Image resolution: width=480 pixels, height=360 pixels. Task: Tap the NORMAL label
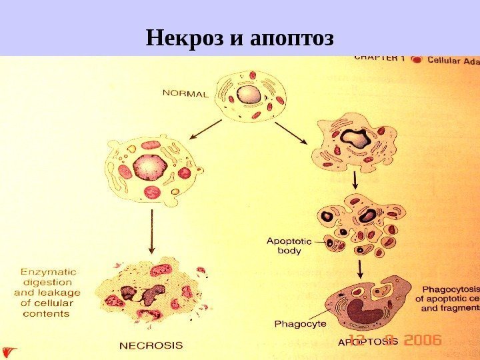coord(186,93)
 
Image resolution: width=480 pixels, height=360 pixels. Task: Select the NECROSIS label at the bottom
coord(151,345)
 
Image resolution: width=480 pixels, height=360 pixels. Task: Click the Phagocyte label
coord(300,324)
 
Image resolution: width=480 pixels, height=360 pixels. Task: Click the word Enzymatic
coord(48,272)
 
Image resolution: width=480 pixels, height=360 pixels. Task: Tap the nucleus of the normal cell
coord(250,94)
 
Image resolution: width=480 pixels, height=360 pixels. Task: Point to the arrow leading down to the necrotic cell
coord(152,232)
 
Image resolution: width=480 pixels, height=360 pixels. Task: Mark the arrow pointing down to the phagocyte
coord(360,269)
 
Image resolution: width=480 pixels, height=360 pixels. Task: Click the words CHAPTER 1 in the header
coord(379,58)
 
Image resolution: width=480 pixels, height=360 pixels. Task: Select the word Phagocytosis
coord(450,289)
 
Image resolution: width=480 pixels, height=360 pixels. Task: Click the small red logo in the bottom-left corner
coord(9,351)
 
